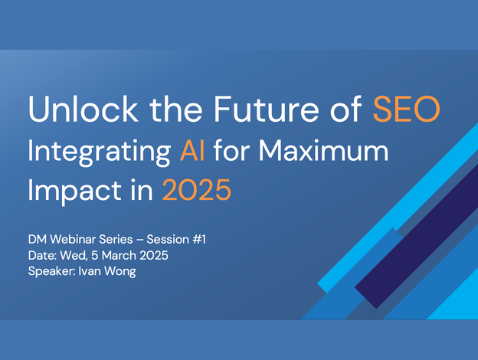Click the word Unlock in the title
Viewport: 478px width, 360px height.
[x=83, y=109]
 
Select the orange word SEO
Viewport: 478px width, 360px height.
[x=406, y=109]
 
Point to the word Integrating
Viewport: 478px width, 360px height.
[x=99, y=152]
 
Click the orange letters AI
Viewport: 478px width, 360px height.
[x=192, y=150]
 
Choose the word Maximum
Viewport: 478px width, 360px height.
[x=323, y=150]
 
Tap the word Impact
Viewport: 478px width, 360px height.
[x=75, y=191]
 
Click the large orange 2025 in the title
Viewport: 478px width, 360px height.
[x=196, y=190]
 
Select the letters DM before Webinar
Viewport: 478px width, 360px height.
[x=38, y=239]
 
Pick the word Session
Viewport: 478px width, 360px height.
[x=168, y=239]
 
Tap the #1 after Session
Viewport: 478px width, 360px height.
[x=199, y=239]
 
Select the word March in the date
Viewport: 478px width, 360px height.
[x=119, y=255]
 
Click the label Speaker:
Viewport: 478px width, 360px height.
[x=52, y=271]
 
